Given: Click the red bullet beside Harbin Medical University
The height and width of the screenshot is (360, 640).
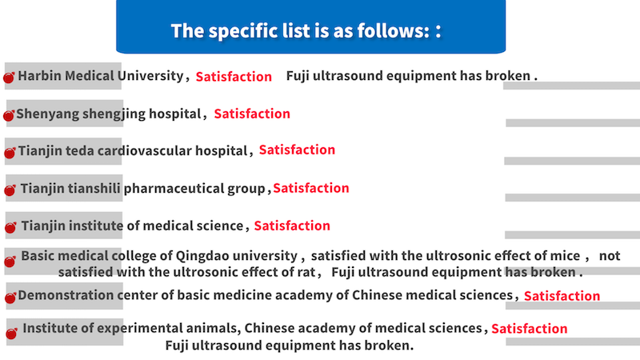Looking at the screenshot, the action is [x=9, y=77].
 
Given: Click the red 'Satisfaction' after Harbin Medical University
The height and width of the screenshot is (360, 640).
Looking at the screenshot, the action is [x=234, y=77].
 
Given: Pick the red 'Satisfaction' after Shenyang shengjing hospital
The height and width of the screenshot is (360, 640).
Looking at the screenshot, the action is [x=252, y=114].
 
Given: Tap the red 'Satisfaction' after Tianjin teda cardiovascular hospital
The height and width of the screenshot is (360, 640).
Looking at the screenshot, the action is [x=297, y=150].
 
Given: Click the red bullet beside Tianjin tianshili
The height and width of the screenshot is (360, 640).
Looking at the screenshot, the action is [x=10, y=190].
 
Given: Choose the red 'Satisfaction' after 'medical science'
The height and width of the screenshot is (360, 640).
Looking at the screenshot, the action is [x=292, y=226].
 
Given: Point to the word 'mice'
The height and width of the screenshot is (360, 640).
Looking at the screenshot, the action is [x=565, y=256].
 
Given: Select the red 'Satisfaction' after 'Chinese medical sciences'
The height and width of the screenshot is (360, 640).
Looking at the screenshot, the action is [x=562, y=296].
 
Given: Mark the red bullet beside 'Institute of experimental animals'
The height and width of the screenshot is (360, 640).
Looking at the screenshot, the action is [x=11, y=334].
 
